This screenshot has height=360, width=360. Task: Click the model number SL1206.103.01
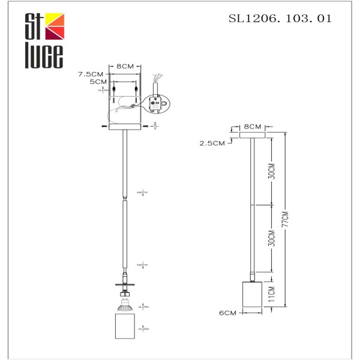pyautogui.click(x=280, y=19)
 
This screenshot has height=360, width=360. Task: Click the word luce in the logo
pyautogui.click(x=43, y=57)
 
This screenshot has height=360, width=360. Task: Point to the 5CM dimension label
pyautogui.click(x=98, y=82)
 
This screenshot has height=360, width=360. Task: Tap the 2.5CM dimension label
pyautogui.click(x=214, y=143)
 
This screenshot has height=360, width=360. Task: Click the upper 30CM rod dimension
pyautogui.click(x=271, y=172)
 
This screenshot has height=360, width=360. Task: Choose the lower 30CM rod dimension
pyautogui.click(x=271, y=238)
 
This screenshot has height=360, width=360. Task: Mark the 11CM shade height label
pyautogui.click(x=271, y=294)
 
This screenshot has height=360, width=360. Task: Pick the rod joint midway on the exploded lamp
pyautogui.click(x=124, y=199)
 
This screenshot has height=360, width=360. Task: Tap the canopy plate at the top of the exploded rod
pyautogui.click(x=124, y=127)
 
